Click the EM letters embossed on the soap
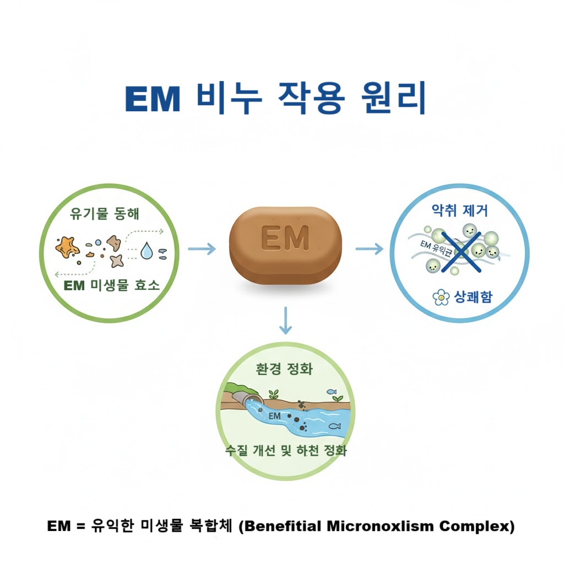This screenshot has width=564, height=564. point(285,238)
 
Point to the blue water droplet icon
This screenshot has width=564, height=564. point(147,252)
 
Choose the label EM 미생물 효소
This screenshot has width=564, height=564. point(112,285)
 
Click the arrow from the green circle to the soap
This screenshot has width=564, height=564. point(202,249)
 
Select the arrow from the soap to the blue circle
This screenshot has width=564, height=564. point(368,249)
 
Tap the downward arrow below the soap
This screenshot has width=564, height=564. point(285,321)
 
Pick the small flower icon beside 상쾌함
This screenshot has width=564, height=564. point(441,298)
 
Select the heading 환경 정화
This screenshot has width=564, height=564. point(284,369)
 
